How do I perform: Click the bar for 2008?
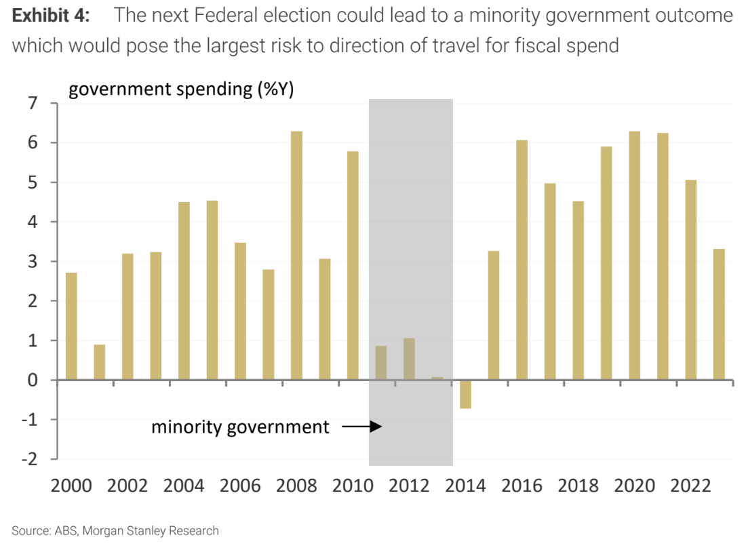coord(296,255)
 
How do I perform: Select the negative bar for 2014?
coord(465,394)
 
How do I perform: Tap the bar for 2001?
coord(100,362)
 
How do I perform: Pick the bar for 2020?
coord(634,255)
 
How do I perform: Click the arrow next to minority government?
coord(361,427)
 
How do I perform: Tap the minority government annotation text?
coord(240,427)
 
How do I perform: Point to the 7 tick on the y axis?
coord(33,103)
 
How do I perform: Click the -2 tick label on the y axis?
coord(30,459)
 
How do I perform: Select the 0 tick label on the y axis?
coord(33,380)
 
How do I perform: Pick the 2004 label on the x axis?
coord(184,487)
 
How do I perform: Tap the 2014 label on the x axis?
coord(465,487)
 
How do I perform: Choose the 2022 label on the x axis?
coord(690,487)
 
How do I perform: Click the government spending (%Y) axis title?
coord(181,90)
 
